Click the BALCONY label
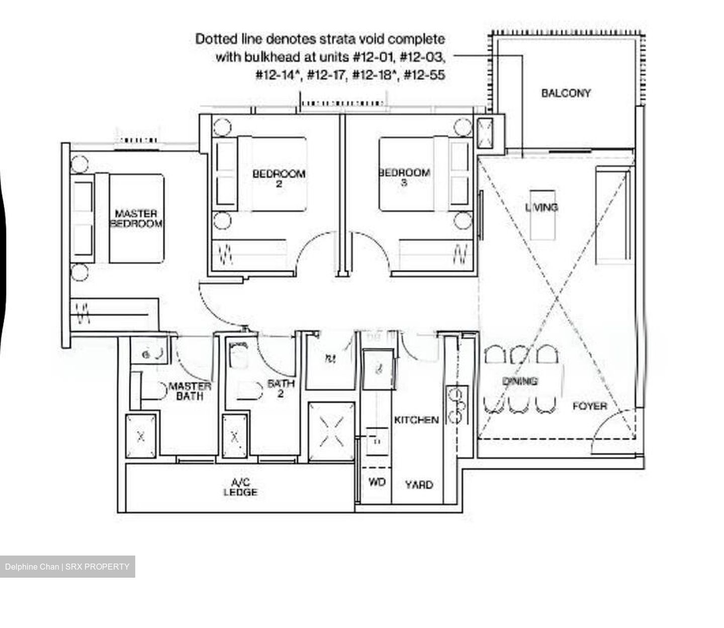point(566,93)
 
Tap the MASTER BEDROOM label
point(136,219)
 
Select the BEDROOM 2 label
point(279,178)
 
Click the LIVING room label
point(541,207)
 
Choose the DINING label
point(520,381)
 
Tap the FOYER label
point(590,406)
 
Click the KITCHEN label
point(416,420)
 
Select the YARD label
point(419,485)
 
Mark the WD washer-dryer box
point(377,483)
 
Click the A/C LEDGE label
point(240,488)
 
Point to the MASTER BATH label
point(190,391)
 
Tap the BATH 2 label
point(281,388)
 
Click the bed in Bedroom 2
point(271,174)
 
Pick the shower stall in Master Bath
point(141,436)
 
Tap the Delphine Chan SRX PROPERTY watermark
point(67,567)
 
